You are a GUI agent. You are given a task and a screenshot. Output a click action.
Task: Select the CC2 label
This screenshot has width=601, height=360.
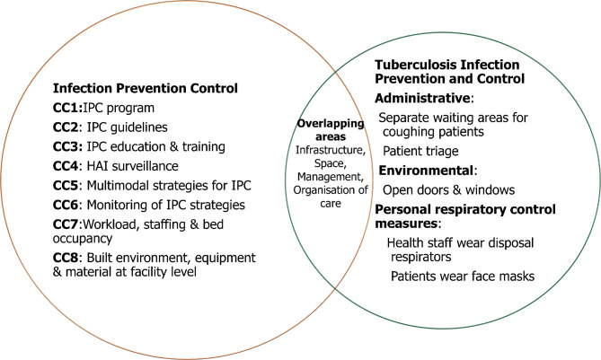click(x=66, y=127)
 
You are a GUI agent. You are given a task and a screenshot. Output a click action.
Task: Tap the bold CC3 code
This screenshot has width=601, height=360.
click(x=66, y=146)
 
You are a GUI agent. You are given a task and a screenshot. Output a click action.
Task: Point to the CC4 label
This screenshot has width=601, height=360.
click(x=66, y=166)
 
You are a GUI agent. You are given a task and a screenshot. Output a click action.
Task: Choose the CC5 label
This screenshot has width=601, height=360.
click(x=66, y=186)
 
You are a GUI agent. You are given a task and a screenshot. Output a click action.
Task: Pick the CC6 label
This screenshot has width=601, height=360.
click(x=66, y=205)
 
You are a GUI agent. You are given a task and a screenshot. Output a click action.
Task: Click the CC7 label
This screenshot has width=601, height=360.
click(x=66, y=224)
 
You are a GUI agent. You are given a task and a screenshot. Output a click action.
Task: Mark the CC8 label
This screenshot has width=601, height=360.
click(x=66, y=258)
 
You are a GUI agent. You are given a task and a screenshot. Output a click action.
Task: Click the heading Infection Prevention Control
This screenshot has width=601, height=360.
click(x=146, y=89)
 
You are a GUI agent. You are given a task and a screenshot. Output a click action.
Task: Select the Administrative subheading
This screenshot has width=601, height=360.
click(x=422, y=99)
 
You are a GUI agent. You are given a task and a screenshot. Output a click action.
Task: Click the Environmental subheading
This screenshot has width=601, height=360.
click(x=426, y=171)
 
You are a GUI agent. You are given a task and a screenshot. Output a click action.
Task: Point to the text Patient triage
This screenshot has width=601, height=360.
click(x=420, y=152)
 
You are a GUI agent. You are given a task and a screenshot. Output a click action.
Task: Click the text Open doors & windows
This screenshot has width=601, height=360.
click(x=448, y=190)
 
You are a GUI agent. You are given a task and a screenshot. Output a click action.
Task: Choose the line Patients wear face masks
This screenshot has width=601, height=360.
click(x=463, y=277)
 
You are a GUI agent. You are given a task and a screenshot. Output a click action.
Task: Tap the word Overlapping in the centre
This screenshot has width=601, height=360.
click(x=331, y=123)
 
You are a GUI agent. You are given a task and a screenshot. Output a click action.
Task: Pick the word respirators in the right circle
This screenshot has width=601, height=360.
click(x=420, y=258)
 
